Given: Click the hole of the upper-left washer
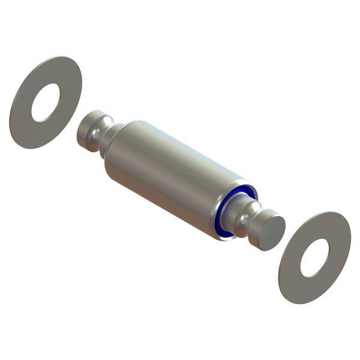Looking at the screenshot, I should (x=46, y=103).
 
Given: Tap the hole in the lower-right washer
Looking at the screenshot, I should (x=314, y=258).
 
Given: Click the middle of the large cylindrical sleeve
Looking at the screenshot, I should (x=174, y=174).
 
